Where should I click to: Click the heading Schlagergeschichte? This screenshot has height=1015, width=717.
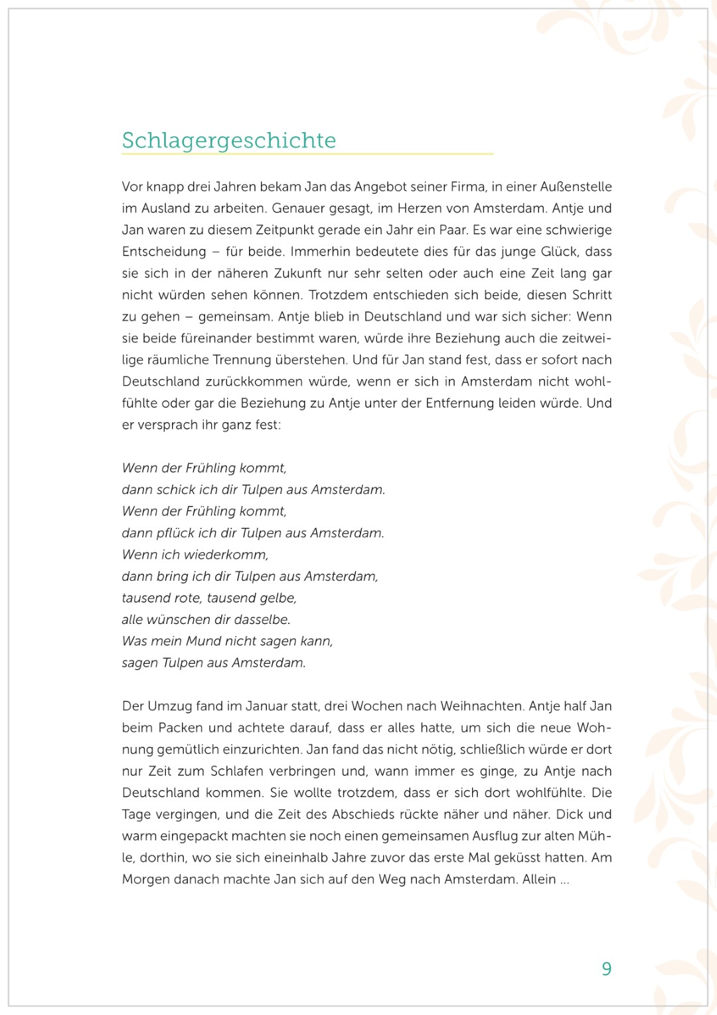click(x=229, y=140)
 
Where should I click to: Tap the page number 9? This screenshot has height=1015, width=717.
click(x=606, y=969)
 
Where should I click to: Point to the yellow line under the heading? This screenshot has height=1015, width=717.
click(x=307, y=154)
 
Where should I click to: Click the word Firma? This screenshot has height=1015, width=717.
click(x=468, y=187)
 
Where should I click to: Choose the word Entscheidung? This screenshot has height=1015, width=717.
click(x=164, y=252)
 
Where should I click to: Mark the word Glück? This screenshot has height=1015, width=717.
click(x=559, y=252)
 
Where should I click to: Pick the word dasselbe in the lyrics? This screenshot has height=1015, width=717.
click(x=262, y=619)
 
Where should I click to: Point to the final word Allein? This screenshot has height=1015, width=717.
click(x=538, y=879)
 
